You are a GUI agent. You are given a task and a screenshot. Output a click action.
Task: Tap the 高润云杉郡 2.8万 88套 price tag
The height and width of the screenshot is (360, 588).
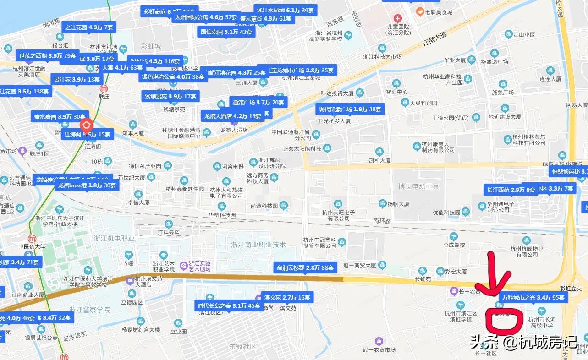pos(305,267)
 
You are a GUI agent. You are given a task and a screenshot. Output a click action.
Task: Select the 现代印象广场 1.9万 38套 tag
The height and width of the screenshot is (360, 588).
pos(350,109)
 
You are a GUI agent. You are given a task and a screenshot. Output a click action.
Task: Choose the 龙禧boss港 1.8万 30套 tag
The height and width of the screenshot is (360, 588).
pos(87,185)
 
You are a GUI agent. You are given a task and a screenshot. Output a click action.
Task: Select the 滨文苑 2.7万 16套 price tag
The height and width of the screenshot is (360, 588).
pos(287,297)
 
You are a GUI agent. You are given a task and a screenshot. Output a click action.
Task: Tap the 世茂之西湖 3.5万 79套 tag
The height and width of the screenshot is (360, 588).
pos(47,56)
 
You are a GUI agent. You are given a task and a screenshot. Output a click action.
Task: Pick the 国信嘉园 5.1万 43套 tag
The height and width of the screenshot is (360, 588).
pos(226,32)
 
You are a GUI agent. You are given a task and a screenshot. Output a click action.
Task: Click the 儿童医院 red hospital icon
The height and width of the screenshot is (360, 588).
pos(397,19)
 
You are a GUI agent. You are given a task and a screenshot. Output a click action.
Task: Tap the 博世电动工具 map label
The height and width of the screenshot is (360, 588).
pos(419,186)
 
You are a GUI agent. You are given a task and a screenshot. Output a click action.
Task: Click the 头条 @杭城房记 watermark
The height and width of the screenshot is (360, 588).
pos(522,341)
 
